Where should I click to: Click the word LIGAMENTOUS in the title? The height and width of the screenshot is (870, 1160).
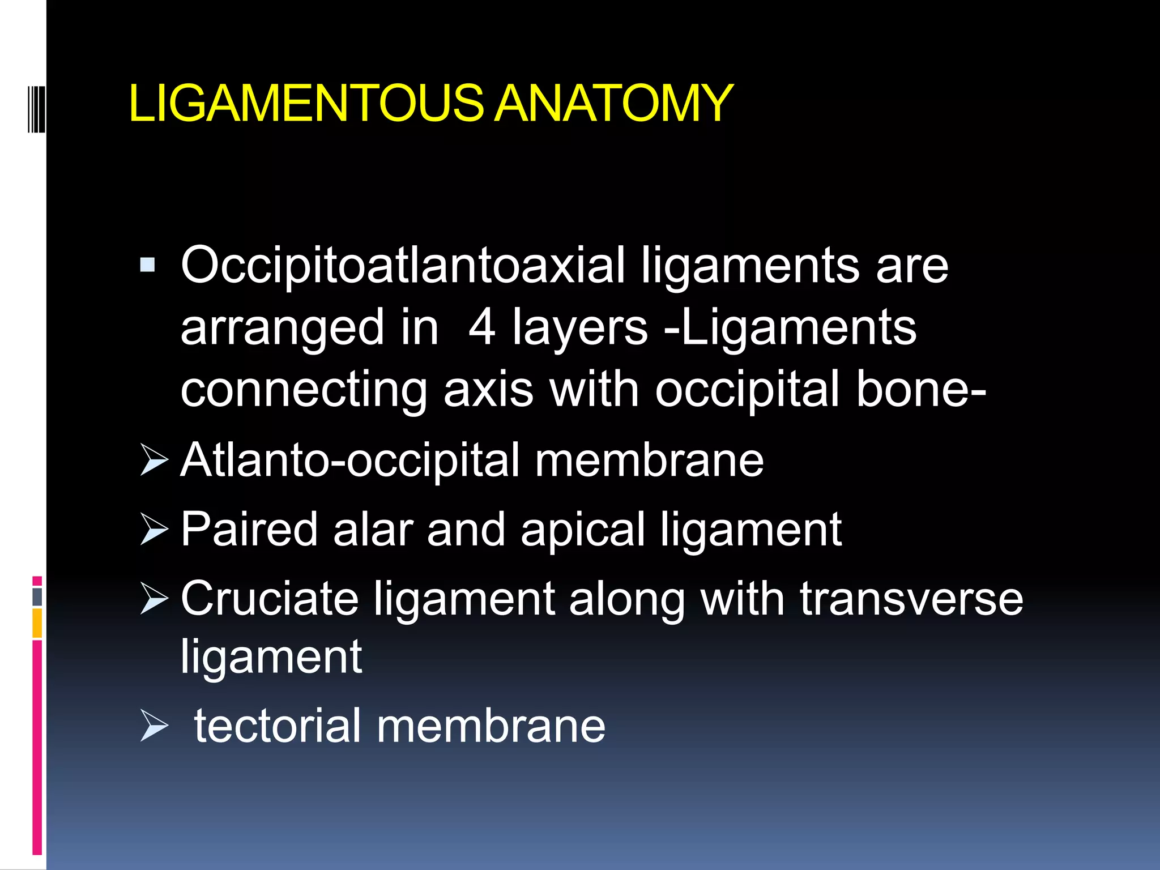coord(306,103)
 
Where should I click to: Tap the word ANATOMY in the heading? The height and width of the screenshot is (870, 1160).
coord(613,103)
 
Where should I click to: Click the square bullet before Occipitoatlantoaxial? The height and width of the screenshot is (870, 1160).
coord(147,265)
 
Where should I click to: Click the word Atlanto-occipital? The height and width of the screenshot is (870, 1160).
coord(349,460)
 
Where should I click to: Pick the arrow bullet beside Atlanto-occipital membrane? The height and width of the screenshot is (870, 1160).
coord(154,460)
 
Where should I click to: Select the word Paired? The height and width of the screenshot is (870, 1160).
coord(249,530)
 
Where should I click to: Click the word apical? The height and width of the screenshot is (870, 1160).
coord(583,530)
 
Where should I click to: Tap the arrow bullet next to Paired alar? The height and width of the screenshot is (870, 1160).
coord(154,530)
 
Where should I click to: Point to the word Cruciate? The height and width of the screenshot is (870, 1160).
coord(270,599)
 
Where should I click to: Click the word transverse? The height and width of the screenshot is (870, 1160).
coord(911,599)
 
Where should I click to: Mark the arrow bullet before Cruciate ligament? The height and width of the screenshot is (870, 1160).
coord(154,599)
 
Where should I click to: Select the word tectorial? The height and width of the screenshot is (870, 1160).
coord(278,726)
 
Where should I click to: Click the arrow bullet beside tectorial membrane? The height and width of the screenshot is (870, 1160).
coord(154,726)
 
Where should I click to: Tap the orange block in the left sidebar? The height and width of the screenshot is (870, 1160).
coord(37,623)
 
